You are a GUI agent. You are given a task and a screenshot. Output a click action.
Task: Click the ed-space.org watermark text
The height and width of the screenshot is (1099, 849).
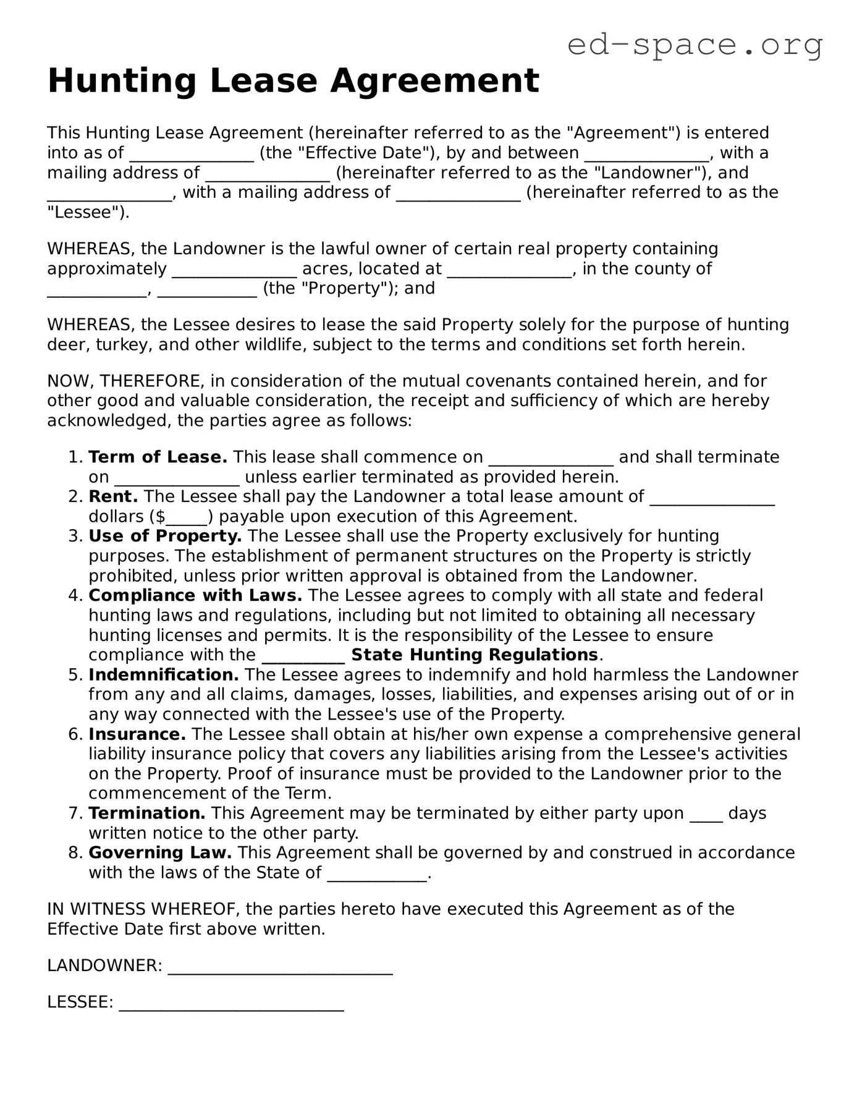click(x=695, y=45)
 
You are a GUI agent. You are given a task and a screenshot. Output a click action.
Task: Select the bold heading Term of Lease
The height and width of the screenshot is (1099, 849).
click(x=158, y=457)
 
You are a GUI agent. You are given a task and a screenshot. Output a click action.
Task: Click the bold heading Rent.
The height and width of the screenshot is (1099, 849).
click(x=113, y=497)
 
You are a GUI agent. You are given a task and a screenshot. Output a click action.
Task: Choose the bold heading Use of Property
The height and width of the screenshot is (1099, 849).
click(x=165, y=537)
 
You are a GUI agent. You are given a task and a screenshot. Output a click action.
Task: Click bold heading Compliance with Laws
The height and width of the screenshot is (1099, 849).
click(x=195, y=596)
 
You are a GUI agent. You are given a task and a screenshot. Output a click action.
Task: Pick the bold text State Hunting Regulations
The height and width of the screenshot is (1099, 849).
click(x=475, y=655)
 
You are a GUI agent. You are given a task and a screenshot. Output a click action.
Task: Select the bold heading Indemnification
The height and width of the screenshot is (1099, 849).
click(x=164, y=675)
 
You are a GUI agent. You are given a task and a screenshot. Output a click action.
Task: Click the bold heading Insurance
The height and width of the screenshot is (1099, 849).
click(x=137, y=735)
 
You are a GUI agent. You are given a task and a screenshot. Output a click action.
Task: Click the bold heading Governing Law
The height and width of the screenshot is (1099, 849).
click(x=160, y=853)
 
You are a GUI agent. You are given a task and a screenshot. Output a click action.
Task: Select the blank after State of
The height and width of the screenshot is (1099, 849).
click(x=376, y=873)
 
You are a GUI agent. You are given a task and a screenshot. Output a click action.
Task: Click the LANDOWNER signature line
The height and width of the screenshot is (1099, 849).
click(x=280, y=966)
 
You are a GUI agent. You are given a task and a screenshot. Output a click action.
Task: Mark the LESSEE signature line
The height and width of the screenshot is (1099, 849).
click(x=231, y=1003)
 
